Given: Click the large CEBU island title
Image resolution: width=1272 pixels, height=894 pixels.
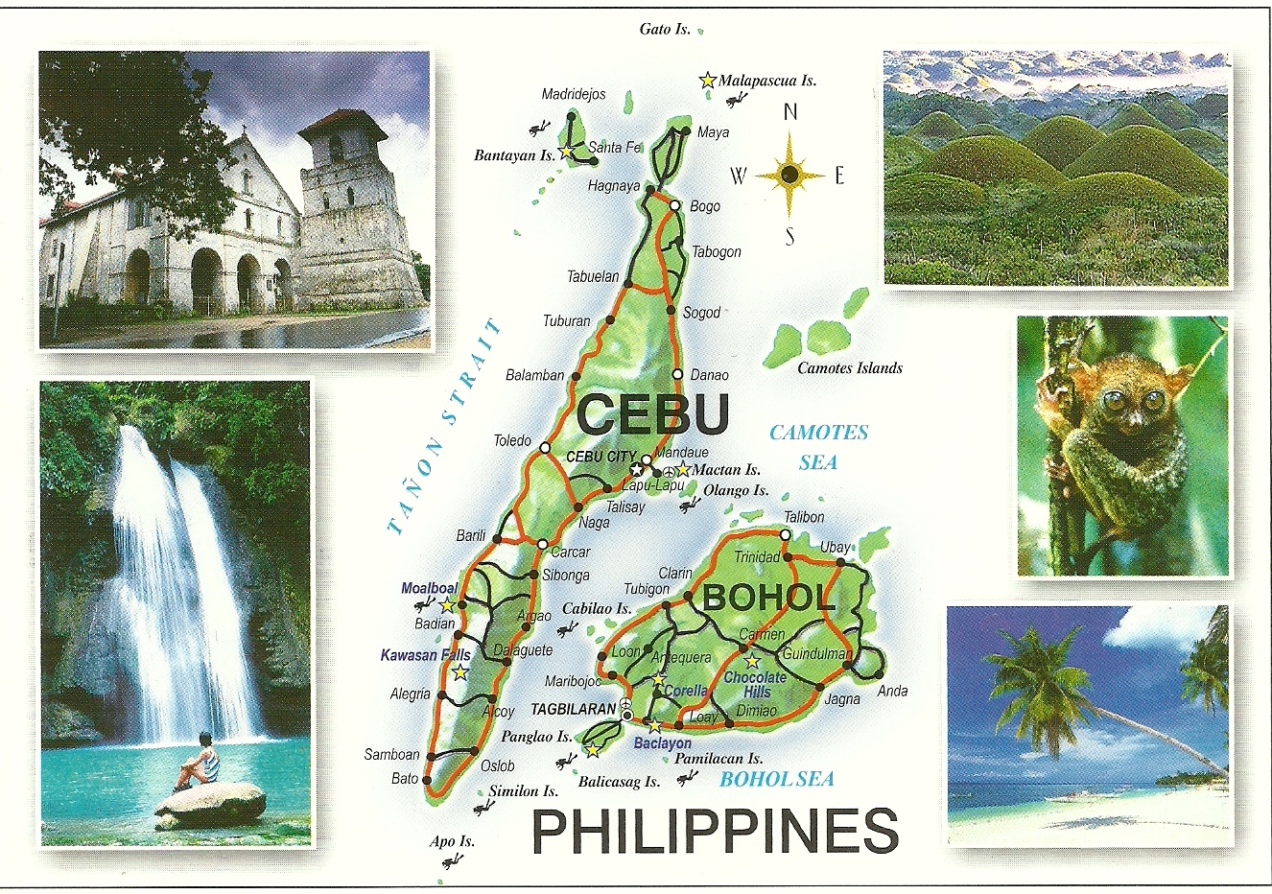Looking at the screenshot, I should pos(653,414).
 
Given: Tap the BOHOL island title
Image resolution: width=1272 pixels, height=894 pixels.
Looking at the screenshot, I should pos(768,598).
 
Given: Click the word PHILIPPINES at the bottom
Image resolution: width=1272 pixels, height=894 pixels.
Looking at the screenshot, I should pos(715,831).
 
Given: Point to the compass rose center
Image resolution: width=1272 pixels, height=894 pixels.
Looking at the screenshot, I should pos(789,175).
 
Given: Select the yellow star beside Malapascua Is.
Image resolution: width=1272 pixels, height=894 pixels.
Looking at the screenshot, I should pos(707,81).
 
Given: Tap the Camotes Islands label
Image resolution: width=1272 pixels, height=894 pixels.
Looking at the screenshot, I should pos(850,367).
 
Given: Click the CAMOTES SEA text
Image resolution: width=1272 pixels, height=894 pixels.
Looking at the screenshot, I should pos(818,447).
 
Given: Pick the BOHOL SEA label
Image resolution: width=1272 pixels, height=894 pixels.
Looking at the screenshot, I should pos(776,779).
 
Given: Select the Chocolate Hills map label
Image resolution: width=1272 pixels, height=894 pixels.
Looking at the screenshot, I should pos(755,684).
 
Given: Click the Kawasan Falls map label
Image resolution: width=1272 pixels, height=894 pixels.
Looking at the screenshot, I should pos(425,655).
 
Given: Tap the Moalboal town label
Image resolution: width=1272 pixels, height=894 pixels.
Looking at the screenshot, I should pos(429,588).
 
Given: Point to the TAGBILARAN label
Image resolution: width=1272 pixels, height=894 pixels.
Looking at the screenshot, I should pos(572,709).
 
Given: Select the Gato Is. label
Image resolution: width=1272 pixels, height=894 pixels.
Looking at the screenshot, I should pos(665,29).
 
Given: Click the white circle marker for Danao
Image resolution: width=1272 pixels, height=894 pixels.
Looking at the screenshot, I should pos(678,374).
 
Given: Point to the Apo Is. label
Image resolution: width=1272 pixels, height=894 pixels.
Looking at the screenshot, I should pos(452,841).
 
